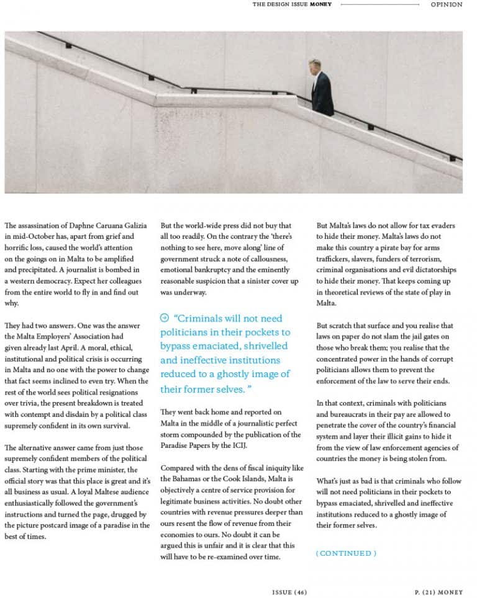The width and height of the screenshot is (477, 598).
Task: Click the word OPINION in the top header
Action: click(x=447, y=4)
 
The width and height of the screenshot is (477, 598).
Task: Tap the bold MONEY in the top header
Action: click(x=320, y=4)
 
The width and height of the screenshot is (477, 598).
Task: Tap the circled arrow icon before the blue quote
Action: click(x=164, y=318)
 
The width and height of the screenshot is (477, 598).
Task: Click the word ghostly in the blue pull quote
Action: click(x=235, y=374)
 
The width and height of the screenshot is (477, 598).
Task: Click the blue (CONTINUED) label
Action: click(x=346, y=553)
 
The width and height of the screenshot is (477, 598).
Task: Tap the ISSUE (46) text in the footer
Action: click(x=289, y=592)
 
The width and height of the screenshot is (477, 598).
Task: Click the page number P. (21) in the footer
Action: click(x=426, y=592)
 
